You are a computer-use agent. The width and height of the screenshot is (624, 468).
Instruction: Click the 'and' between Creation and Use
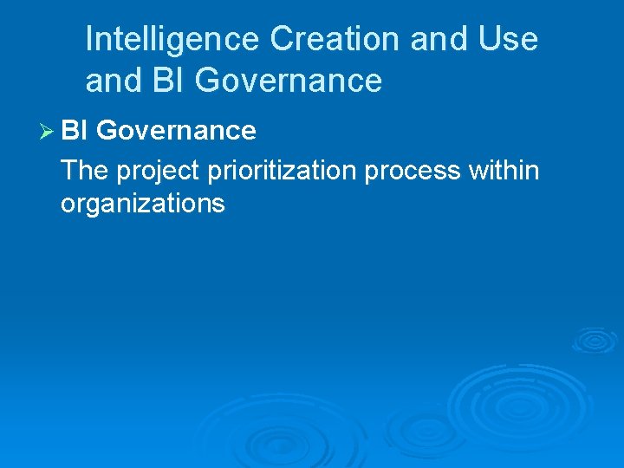[432, 39]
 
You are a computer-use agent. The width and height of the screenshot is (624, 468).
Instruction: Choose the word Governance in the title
[289, 81]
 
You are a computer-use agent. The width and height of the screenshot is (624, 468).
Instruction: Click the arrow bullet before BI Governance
[48, 131]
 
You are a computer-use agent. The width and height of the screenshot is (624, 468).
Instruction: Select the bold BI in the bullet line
[75, 131]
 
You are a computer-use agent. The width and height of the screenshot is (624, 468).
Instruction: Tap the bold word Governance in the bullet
[176, 131]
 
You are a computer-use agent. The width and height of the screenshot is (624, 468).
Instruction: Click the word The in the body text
[85, 170]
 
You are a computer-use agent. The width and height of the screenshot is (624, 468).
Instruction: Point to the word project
[159, 172]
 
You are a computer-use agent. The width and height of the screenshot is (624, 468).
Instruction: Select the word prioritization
[282, 172]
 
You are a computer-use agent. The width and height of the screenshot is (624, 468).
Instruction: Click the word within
[504, 170]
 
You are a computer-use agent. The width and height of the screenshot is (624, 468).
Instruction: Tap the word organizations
[143, 205]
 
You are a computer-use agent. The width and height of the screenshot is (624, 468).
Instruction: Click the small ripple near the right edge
[594, 339]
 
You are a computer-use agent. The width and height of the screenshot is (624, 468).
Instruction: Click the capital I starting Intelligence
[90, 39]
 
